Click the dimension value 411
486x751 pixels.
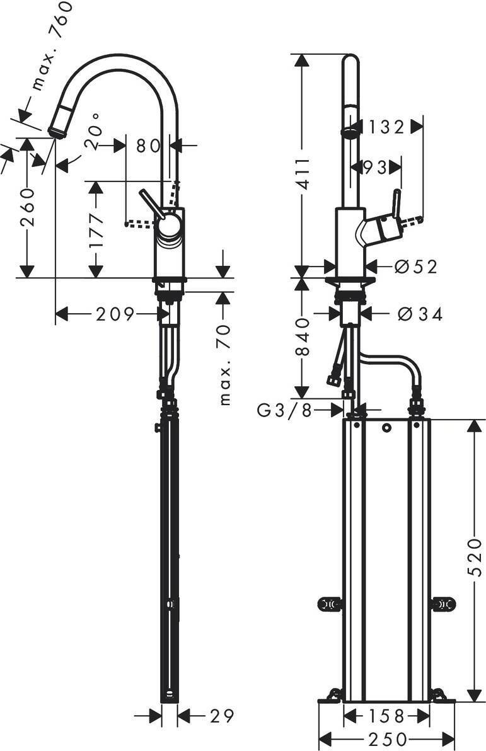tap(303, 173)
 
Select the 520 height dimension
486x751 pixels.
tap(474, 557)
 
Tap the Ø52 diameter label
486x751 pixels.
tap(416, 267)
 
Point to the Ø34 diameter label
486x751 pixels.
tap(420, 314)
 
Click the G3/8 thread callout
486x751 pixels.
tap(285, 410)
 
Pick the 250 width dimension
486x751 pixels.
tap(387, 739)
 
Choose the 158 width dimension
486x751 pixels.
tap(387, 716)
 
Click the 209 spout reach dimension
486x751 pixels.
tap(115, 314)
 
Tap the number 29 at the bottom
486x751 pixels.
tap(222, 716)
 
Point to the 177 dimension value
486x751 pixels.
tap(96, 230)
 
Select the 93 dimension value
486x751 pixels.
tap(375, 167)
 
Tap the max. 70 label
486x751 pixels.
tap(225, 364)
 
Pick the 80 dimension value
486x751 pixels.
tap(148, 145)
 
